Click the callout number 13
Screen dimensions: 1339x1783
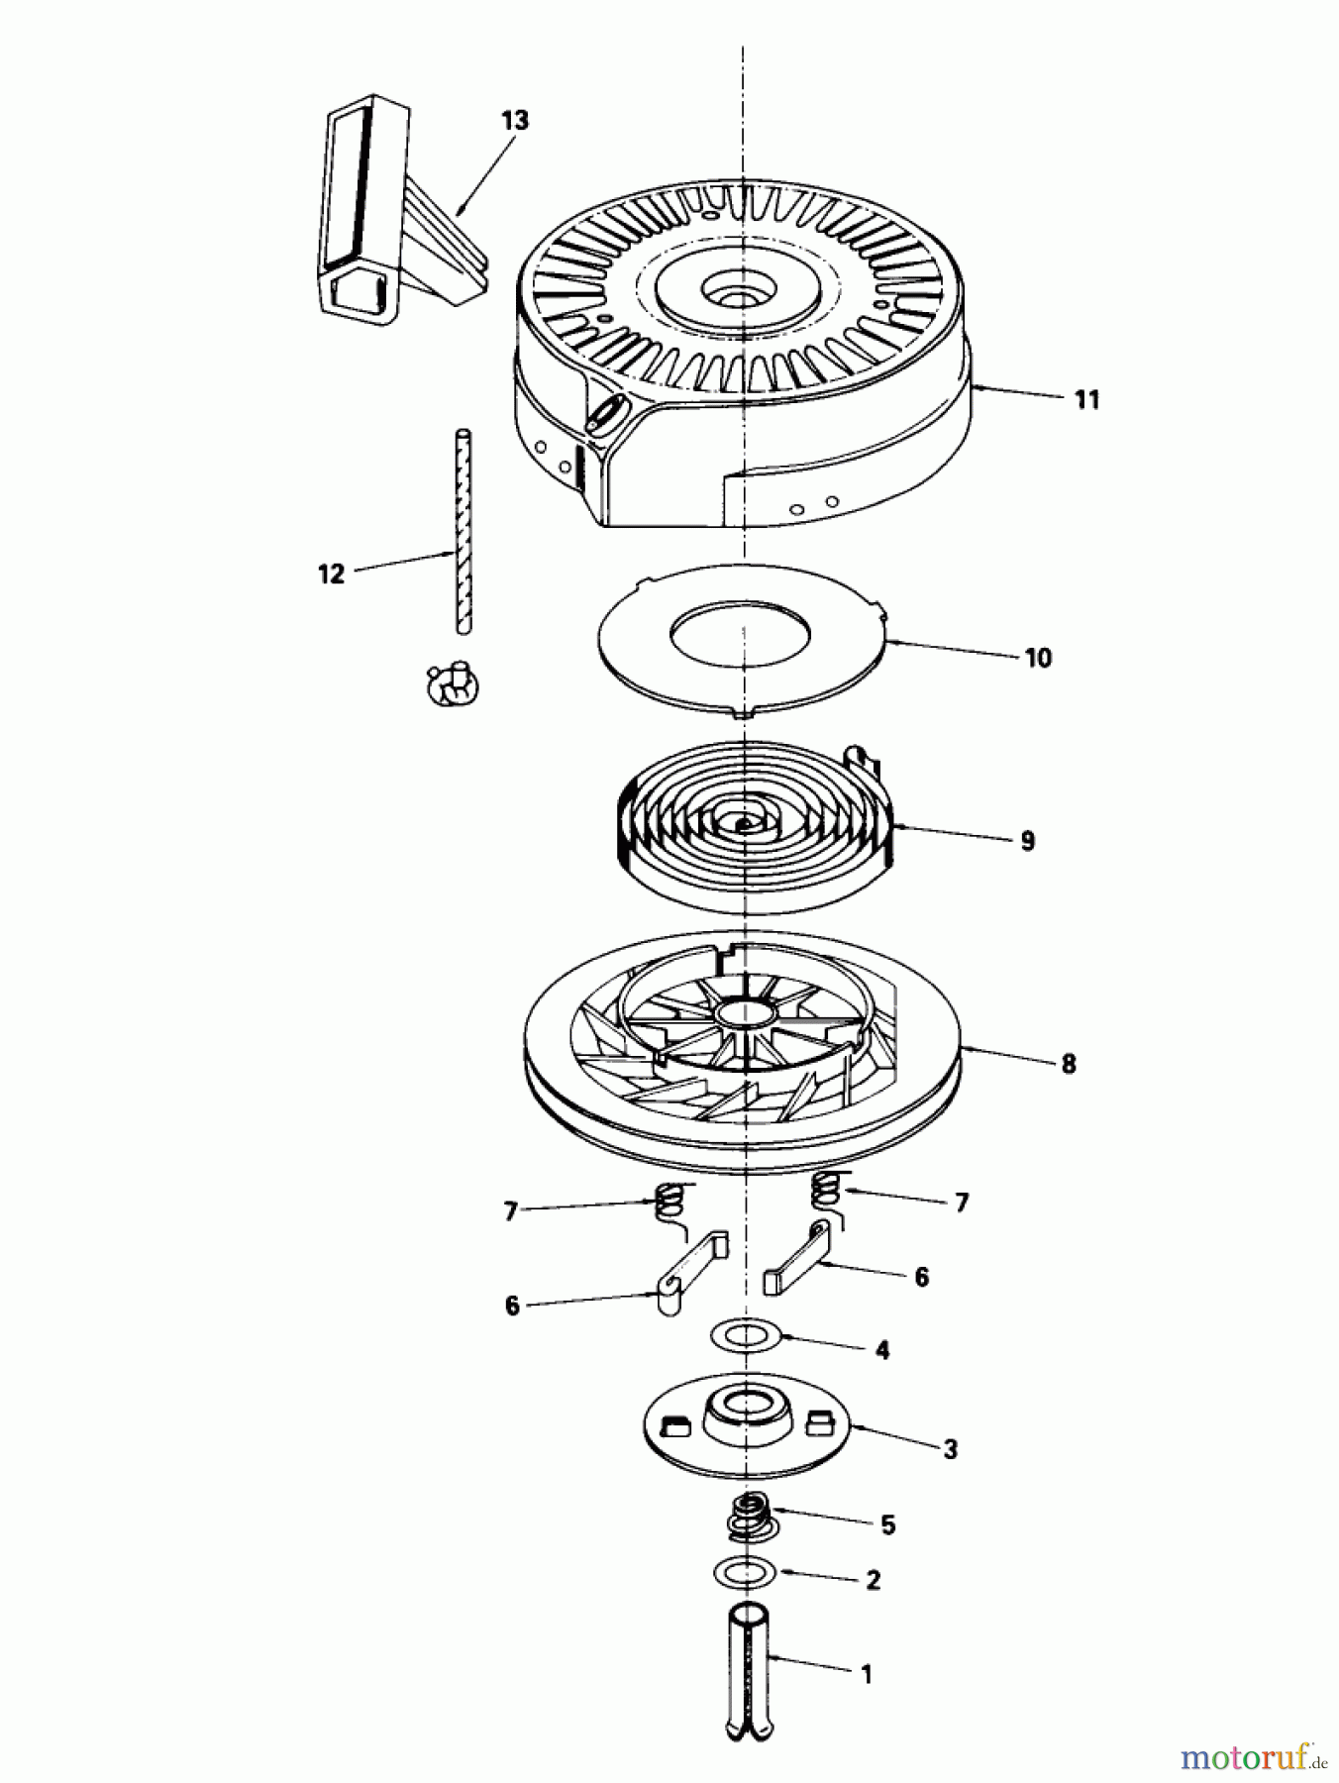pos(515,121)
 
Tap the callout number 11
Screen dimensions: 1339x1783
pos(1086,400)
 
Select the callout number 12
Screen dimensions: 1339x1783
pos(332,574)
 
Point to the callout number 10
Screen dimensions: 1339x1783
pos(1038,658)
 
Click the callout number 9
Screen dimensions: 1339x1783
pos(1027,841)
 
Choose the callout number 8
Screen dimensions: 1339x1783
pos(1068,1064)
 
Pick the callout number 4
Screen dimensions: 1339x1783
pos(882,1349)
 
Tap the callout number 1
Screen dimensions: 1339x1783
pos(867,1675)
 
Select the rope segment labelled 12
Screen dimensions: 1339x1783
pos(462,530)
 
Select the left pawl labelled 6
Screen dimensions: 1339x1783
pos(692,1273)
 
